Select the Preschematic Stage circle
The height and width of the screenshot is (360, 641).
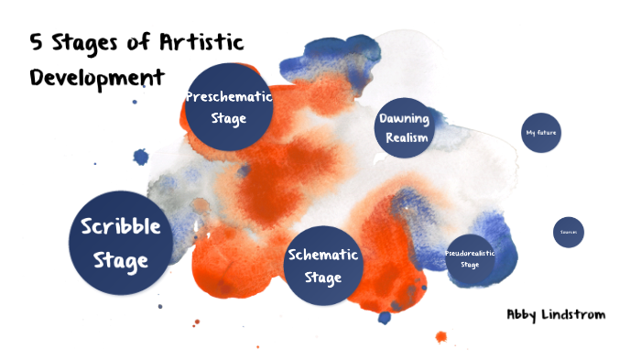(228, 108)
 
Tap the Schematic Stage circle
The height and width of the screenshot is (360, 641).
(322, 265)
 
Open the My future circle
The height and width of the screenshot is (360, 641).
(540, 134)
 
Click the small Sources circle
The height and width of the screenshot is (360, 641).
(568, 233)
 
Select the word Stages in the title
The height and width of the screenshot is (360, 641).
(102, 44)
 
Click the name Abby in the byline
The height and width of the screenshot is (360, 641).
(524, 314)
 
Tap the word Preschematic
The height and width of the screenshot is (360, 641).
(228, 97)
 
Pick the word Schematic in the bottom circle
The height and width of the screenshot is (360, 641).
(322, 255)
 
